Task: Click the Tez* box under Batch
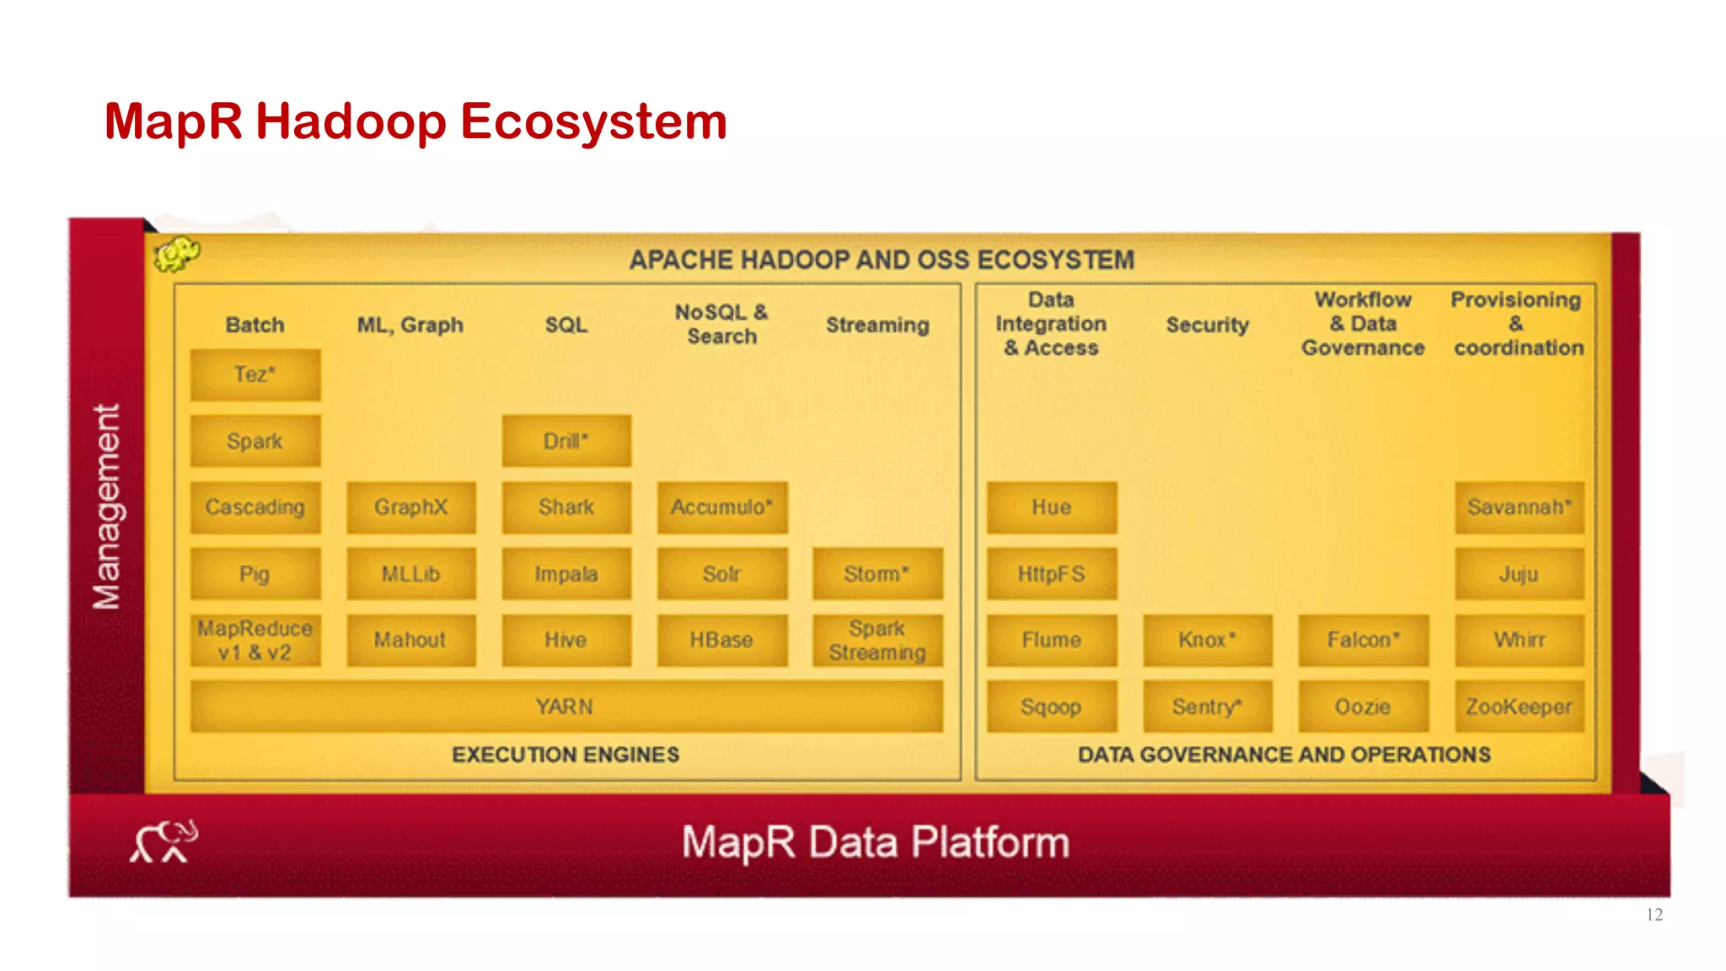click(x=255, y=374)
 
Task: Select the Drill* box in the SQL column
click(x=566, y=441)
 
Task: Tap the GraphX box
click(x=410, y=507)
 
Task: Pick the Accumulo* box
click(x=721, y=507)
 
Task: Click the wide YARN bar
click(x=566, y=706)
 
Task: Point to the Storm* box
click(x=876, y=574)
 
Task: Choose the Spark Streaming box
click(x=876, y=641)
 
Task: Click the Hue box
click(x=1051, y=507)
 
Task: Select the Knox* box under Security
click(x=1207, y=641)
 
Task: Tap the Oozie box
click(x=1363, y=706)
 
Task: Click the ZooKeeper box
click(x=1519, y=706)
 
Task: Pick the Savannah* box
click(x=1519, y=507)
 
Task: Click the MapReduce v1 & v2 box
click(x=255, y=641)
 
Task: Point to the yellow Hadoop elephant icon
click(x=176, y=254)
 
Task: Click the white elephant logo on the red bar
click(x=163, y=841)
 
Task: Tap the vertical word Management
click(x=107, y=507)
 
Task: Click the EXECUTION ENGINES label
click(x=566, y=754)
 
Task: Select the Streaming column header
click(x=876, y=325)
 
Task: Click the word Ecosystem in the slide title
click(x=593, y=121)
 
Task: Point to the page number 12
click(x=1654, y=915)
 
